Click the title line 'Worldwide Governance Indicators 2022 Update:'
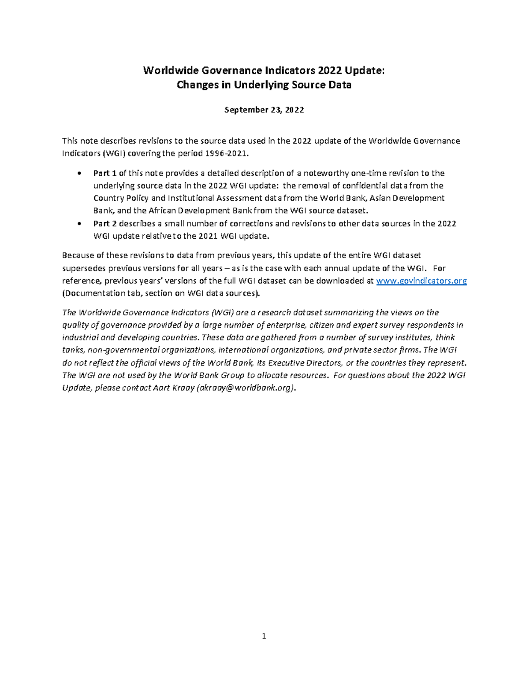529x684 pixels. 264,70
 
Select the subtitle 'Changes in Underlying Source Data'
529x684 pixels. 264,85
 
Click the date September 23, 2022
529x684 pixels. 264,110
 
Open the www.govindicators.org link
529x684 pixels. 421,281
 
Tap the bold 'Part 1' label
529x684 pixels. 105,173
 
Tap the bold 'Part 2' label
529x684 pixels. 105,223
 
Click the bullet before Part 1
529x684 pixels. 79,174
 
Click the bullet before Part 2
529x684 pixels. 79,224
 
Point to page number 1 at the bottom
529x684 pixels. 264,636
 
